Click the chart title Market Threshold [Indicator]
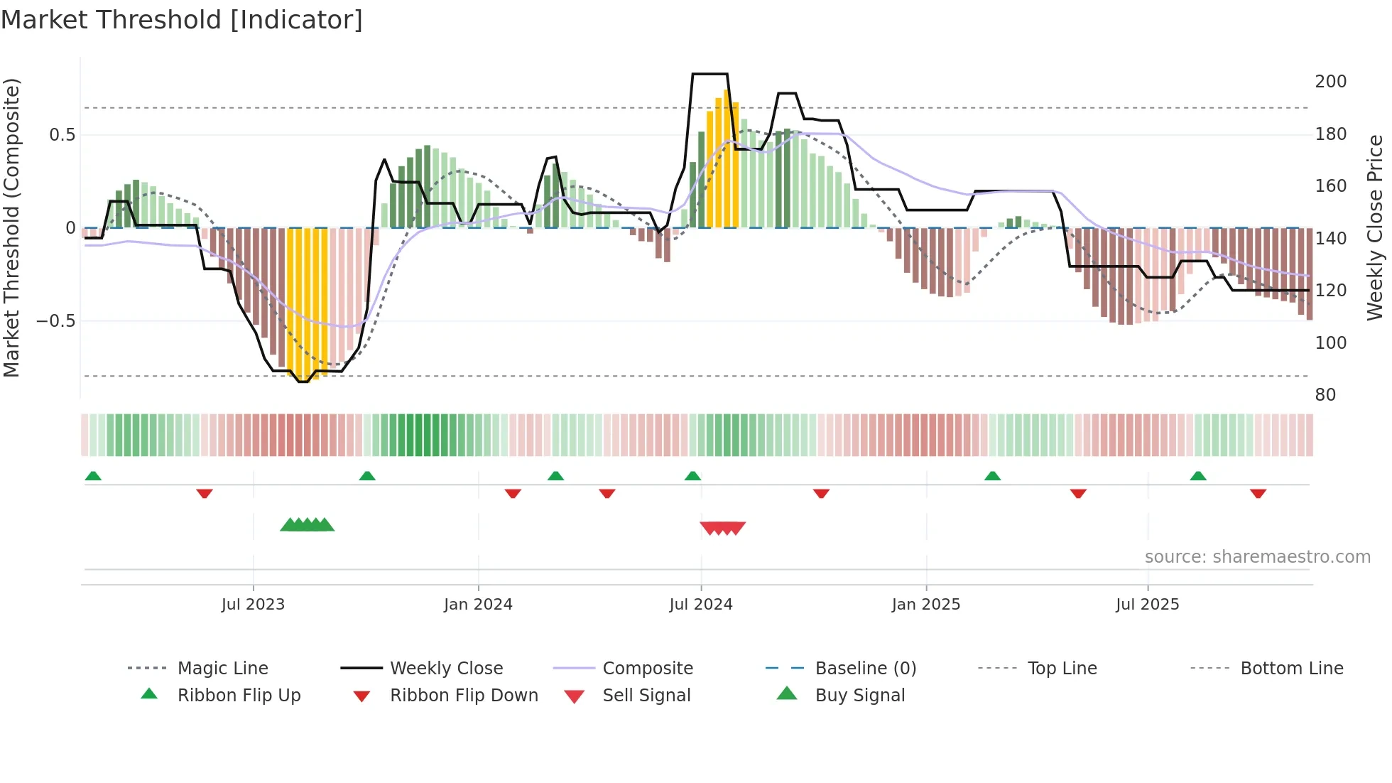(x=182, y=20)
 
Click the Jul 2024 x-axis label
(x=700, y=605)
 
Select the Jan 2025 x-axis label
(x=925, y=605)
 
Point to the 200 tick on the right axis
(x=1330, y=82)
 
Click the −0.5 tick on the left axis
(x=55, y=321)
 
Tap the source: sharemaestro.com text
(x=1257, y=557)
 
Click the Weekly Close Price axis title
(x=1375, y=227)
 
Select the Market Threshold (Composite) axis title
(x=11, y=227)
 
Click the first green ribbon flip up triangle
(x=93, y=476)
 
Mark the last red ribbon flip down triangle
(x=1258, y=493)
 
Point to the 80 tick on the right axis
(x=1325, y=395)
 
